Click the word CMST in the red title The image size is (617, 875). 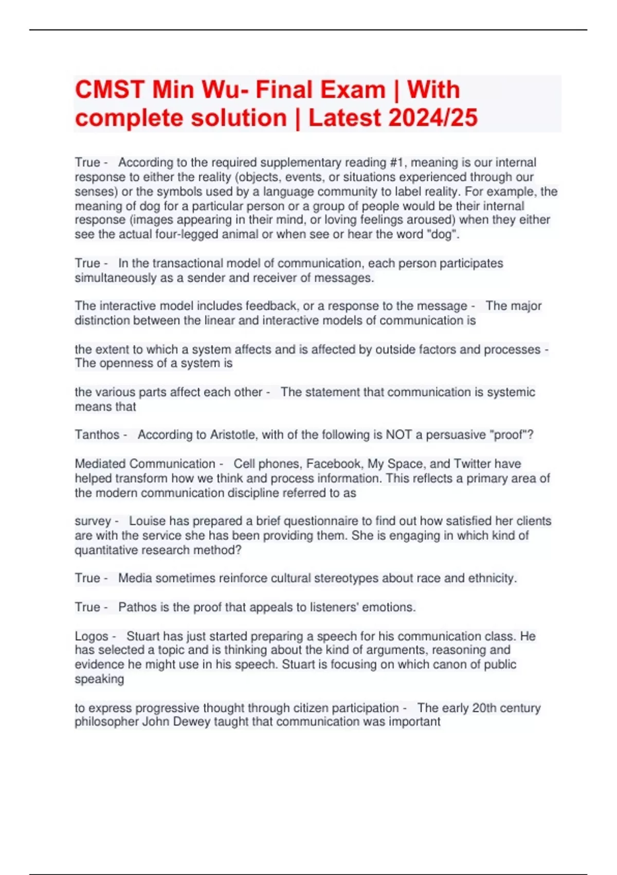[110, 90]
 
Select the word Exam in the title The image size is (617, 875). [353, 90]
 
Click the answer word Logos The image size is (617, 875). [92, 636]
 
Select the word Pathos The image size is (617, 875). [137, 607]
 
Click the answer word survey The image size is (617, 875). [93, 521]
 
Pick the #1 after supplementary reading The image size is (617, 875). [397, 163]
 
